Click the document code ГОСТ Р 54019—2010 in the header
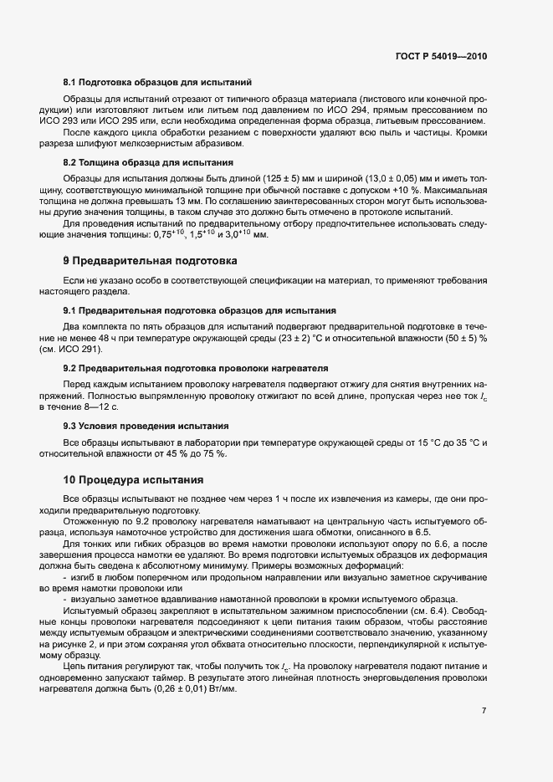coord(440,57)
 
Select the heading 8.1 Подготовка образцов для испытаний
coord(157,83)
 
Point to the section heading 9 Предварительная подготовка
coord(151,261)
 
